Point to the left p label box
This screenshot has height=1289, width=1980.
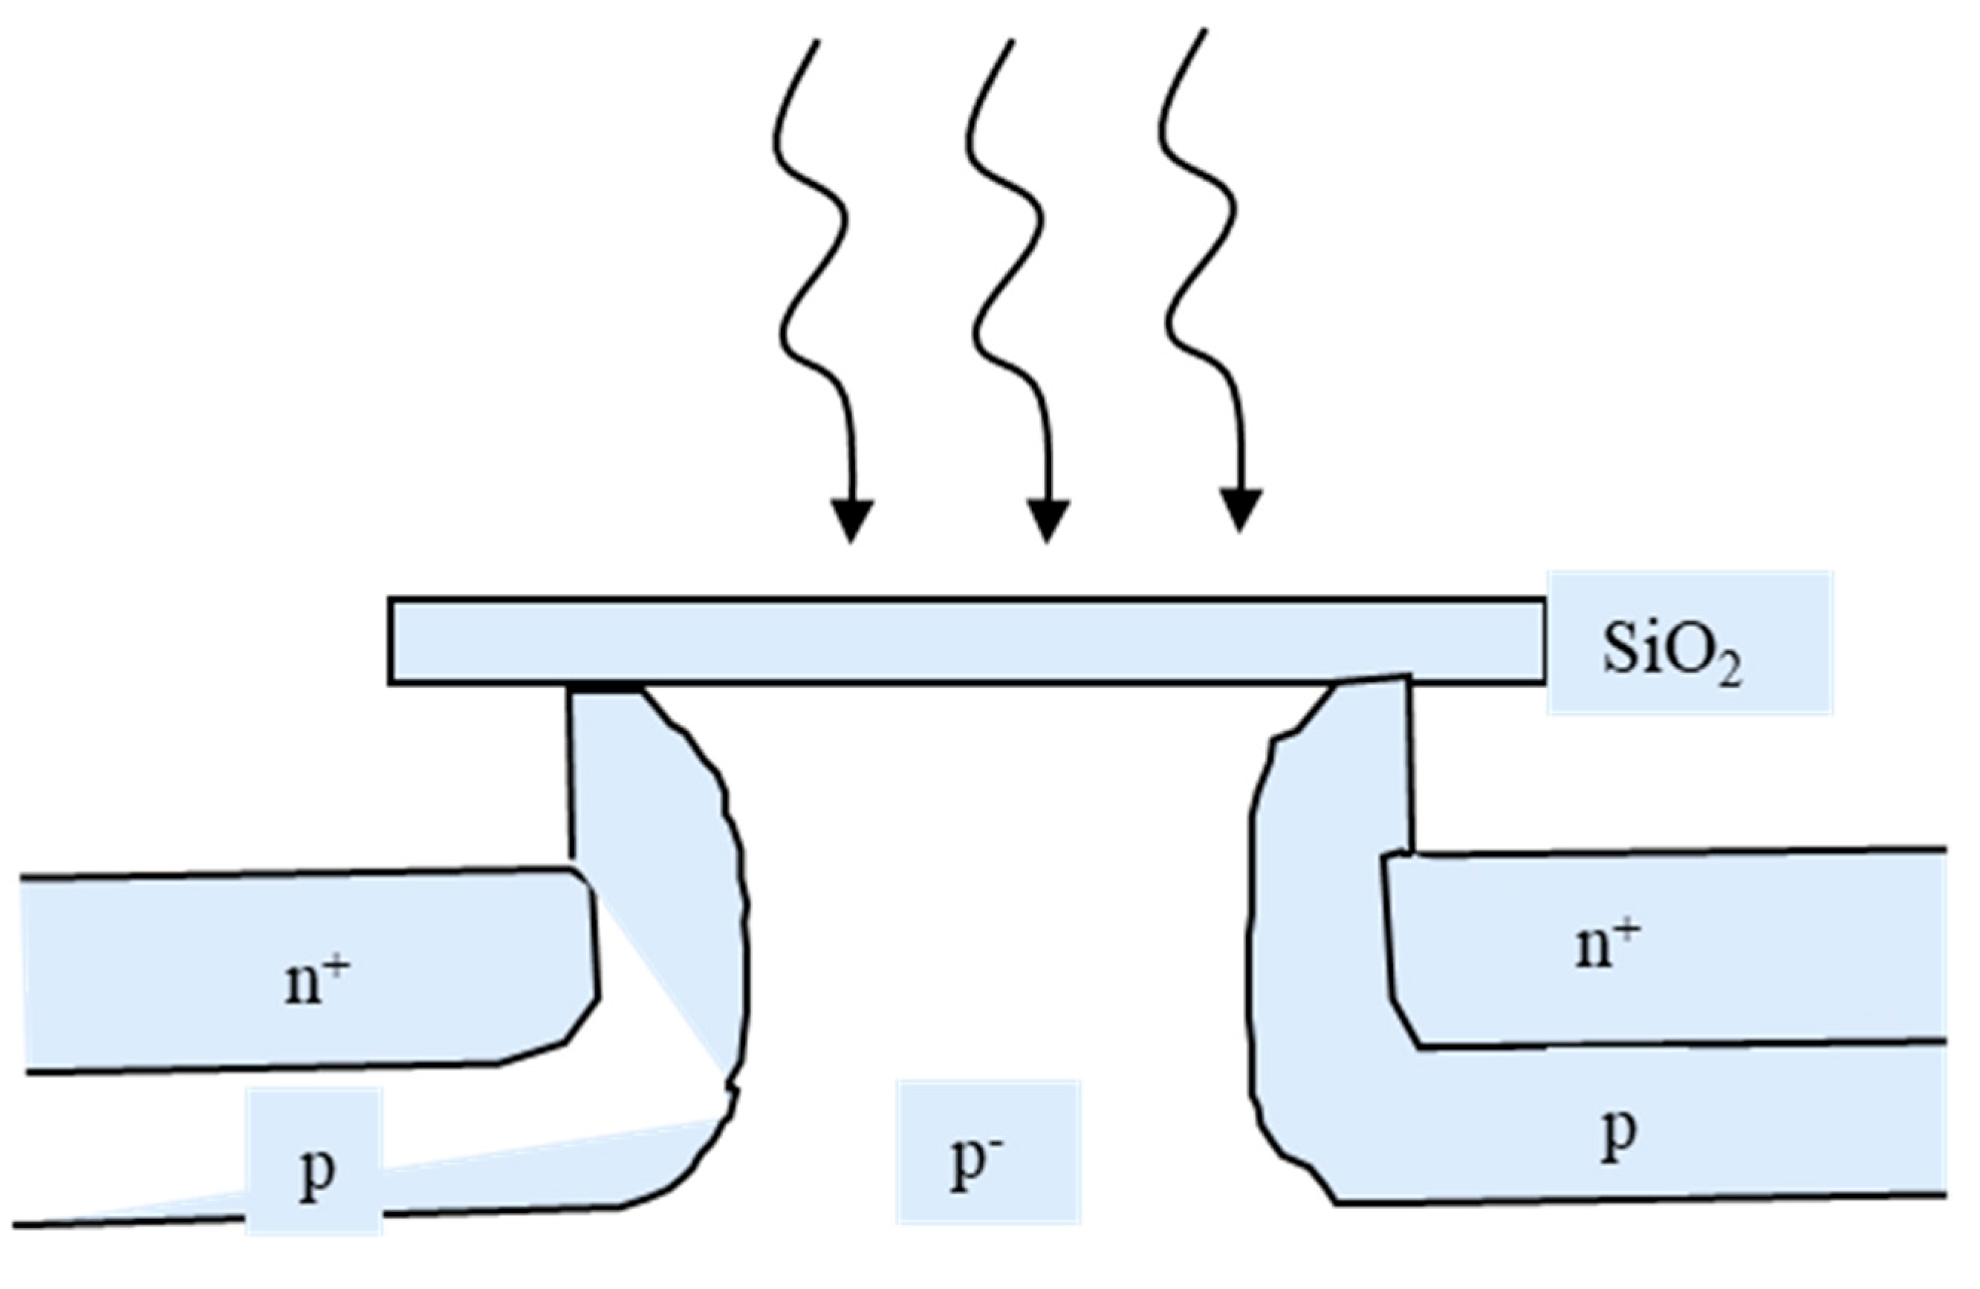pyautogui.click(x=314, y=1172)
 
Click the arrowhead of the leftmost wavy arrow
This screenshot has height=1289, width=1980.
pyautogui.click(x=852, y=520)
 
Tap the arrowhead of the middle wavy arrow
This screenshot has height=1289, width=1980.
pyautogui.click(x=1048, y=520)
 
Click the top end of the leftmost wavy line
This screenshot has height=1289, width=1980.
pyautogui.click(x=818, y=42)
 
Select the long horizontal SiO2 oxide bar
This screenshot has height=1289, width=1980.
pyautogui.click(x=965, y=640)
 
